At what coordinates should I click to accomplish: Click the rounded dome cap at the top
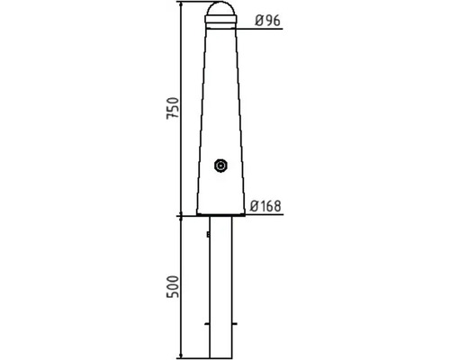[x=220, y=8]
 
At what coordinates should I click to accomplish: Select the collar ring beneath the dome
[x=220, y=20]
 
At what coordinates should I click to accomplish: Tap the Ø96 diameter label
[x=267, y=21]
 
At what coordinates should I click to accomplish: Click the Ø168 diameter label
[x=265, y=206]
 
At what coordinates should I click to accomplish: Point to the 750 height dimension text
[x=173, y=108]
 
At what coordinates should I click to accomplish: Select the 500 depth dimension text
[x=173, y=286]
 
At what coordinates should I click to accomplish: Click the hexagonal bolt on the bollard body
[x=221, y=166]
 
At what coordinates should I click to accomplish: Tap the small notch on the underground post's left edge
[x=208, y=234]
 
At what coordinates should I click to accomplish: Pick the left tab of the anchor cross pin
[x=207, y=324]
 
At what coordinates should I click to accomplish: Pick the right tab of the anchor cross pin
[x=235, y=324]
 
